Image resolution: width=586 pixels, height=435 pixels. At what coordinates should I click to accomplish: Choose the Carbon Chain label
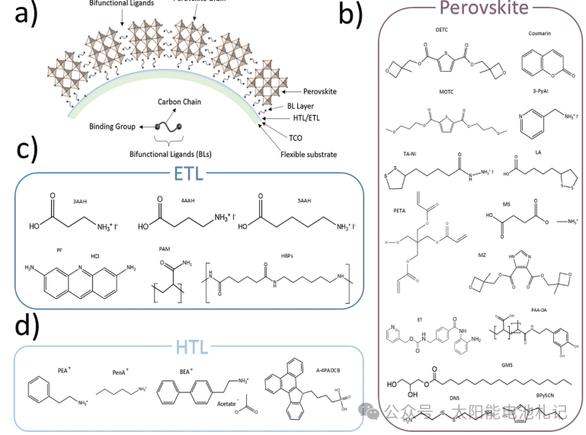[x=180, y=102]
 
